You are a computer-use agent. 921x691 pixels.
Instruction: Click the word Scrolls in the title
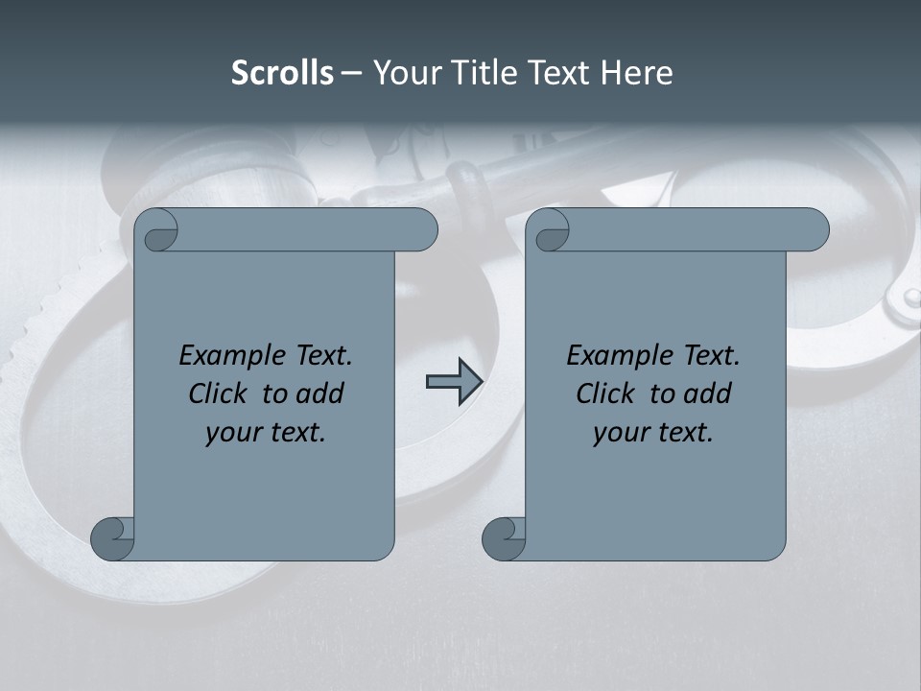pos(282,73)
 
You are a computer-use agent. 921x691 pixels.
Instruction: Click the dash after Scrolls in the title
pos(352,73)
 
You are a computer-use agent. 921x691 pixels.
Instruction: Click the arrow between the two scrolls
pos(454,382)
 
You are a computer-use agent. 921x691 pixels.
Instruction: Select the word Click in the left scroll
pos(220,393)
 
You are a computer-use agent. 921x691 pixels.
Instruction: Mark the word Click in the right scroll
pos(607,393)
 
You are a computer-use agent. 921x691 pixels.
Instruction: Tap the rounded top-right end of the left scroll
pos(422,229)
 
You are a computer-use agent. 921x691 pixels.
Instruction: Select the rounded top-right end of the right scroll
pos(814,229)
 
